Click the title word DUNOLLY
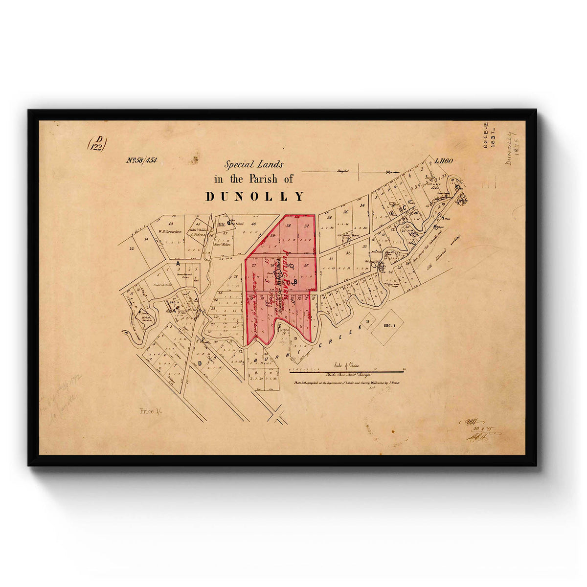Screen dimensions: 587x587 [x=254, y=197]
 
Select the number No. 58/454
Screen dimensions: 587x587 [x=142, y=160]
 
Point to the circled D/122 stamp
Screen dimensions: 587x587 [x=97, y=143]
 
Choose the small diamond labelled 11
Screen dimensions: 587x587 [x=366, y=320]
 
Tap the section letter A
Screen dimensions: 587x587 [x=178, y=263]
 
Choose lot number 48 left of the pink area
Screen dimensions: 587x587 [x=253, y=225]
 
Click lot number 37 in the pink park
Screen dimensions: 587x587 [x=307, y=226]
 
